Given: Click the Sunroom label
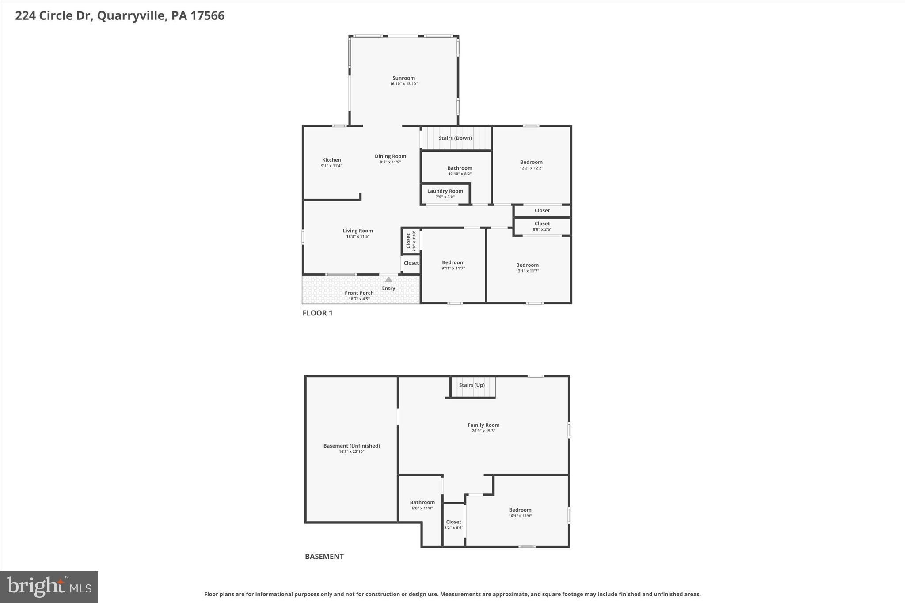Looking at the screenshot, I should coord(403,78).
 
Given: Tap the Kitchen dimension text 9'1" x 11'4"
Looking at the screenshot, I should coord(331,166).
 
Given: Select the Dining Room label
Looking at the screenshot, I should coord(390,156).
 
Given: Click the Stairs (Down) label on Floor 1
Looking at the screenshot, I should coord(455,138).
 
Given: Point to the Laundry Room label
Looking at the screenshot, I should coord(445,191).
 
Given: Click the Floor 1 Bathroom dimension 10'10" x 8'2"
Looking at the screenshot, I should coord(460,174).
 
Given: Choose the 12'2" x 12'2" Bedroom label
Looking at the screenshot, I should coord(531,162).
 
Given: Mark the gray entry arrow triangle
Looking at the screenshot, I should coord(388,280).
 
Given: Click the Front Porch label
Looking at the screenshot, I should coord(359,293).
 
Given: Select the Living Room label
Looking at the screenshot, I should coord(357,231).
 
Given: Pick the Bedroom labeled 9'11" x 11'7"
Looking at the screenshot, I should coord(453,262).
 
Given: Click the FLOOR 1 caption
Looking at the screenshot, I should coord(317,313).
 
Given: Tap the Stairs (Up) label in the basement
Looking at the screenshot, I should coord(472,385).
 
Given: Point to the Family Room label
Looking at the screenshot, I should coord(483,425).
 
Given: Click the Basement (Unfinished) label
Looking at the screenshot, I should coord(351,446).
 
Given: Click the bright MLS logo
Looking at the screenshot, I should coord(49,587).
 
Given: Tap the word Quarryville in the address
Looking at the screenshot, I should coord(132,16).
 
